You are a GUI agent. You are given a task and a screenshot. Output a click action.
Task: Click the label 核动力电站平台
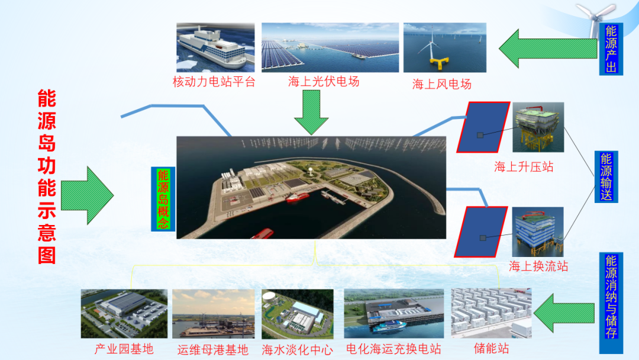[x=214, y=82]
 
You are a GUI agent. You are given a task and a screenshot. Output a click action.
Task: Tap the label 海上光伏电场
[x=324, y=82]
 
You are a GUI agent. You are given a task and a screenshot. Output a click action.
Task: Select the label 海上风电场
[x=442, y=84]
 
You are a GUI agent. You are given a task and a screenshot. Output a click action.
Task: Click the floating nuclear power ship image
[x=215, y=47]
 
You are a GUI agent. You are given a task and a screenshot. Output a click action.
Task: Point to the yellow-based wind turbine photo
[x=444, y=47]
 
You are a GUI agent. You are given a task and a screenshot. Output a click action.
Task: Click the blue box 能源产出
[x=611, y=49]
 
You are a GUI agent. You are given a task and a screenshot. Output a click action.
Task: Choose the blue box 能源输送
[x=606, y=176]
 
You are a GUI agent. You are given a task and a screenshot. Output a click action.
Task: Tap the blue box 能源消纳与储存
[x=611, y=303]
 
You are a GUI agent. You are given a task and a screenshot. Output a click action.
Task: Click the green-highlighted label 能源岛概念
[x=163, y=199]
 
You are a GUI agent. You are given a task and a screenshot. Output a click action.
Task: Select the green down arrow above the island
[x=311, y=112]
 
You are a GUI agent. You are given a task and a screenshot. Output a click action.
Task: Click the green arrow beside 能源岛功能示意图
[x=87, y=195]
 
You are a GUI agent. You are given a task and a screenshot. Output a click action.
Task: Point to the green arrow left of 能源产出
[x=548, y=49]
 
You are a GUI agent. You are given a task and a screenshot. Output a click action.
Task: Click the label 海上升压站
[x=524, y=167]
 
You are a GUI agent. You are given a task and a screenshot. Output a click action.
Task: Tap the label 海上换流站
[x=538, y=266]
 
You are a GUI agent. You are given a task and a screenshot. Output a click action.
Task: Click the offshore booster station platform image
[x=538, y=127]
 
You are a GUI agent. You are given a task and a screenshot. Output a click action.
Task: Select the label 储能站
[x=492, y=348]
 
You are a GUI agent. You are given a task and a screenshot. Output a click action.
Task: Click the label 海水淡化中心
[x=298, y=349]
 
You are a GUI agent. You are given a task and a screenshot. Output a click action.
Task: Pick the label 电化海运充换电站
[x=393, y=349]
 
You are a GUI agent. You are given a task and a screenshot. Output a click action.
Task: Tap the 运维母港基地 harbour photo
[x=214, y=314]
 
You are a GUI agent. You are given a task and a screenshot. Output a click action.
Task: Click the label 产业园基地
[x=124, y=349]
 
